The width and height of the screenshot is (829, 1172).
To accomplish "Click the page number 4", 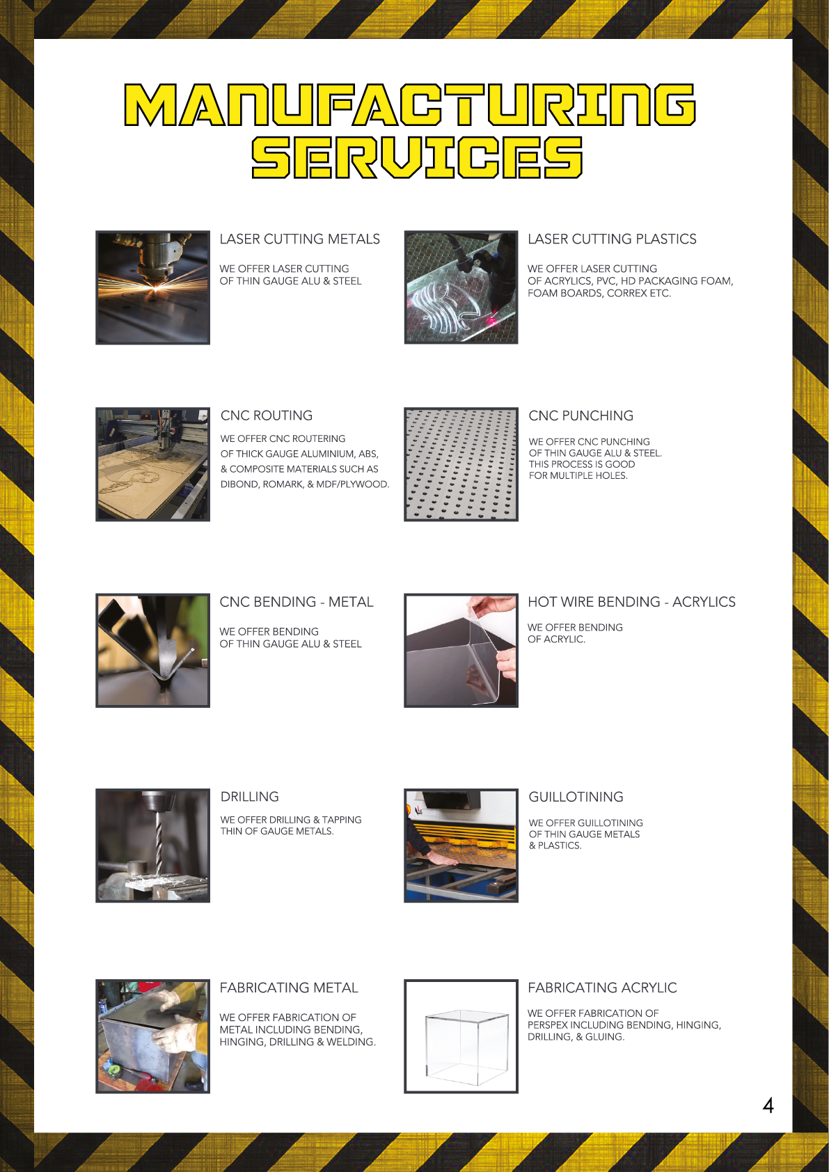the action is point(768,1106).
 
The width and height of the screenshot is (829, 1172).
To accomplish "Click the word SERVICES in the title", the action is point(417,157).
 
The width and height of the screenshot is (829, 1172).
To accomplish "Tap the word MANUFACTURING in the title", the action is point(410,104).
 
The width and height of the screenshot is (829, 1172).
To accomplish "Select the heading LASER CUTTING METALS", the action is point(300,239).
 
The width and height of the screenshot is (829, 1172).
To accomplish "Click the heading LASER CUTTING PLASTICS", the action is point(612,239).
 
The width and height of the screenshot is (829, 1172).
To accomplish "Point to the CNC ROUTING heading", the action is point(267,415).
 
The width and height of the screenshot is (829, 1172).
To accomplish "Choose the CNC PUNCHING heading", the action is point(581,415).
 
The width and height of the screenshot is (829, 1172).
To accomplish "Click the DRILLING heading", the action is point(250,796).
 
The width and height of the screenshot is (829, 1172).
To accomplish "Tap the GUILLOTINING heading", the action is point(576,796).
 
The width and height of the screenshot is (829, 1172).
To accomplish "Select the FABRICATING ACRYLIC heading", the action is point(602,988).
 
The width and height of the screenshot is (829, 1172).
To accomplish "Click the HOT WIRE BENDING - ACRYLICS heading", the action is point(632,602).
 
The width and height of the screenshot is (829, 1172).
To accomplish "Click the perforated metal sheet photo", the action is point(461,464).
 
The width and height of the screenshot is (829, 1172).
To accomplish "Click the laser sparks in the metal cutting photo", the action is point(155,285).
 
